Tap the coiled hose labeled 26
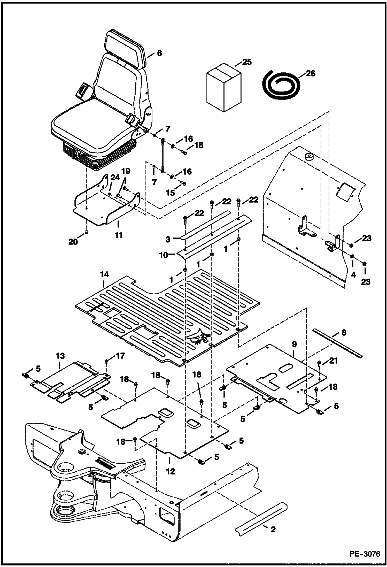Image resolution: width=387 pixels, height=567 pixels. pos(281,83)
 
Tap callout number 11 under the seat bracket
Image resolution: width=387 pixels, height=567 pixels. pos(118,235)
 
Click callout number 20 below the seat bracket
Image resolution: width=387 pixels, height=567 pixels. pos(73,242)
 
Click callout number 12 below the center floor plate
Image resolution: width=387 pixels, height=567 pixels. pos(170,471)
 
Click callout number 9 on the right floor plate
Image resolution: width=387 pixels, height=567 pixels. pos(294,344)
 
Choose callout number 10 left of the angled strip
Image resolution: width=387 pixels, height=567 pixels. pos(163,255)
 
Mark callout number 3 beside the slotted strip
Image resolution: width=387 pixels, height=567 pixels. pos(168,239)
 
